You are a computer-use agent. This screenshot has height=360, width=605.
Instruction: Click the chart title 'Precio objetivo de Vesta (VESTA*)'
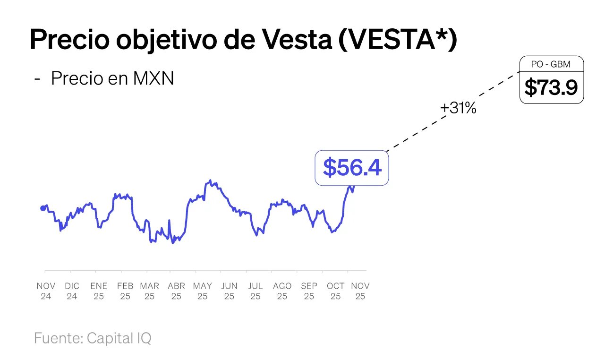point(243,40)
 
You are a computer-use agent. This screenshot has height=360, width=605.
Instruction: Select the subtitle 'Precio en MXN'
point(112,78)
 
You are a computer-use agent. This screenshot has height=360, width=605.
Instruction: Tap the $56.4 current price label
point(352,168)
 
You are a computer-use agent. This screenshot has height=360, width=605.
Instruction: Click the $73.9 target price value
point(551,87)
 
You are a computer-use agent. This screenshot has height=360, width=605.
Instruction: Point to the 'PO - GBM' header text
point(551,64)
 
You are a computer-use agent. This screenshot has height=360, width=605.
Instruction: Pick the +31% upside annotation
point(458,109)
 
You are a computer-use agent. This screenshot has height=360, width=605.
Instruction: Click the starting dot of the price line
point(43,208)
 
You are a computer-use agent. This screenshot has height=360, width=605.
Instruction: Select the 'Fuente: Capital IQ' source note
point(93,338)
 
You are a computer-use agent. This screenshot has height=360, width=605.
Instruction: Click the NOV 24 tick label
point(46,291)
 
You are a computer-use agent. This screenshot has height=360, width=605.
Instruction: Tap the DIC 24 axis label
point(72,291)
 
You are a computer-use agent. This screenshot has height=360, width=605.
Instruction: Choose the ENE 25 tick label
point(99,291)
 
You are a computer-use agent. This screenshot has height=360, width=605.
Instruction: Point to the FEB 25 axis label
point(125,291)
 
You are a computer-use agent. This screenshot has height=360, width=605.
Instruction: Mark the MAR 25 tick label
point(149,291)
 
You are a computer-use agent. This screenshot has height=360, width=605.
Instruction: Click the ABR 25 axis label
point(176,291)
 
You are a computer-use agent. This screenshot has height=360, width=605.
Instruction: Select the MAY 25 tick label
point(202,291)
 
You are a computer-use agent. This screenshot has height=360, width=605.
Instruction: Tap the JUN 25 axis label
point(229,291)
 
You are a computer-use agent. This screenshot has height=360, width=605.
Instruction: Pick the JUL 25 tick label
point(255,291)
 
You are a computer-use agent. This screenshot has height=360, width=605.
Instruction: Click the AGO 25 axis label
point(282,291)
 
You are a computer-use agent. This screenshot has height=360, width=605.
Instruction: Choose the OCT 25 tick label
point(335,291)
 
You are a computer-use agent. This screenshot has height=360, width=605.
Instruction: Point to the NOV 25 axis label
point(360,291)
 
